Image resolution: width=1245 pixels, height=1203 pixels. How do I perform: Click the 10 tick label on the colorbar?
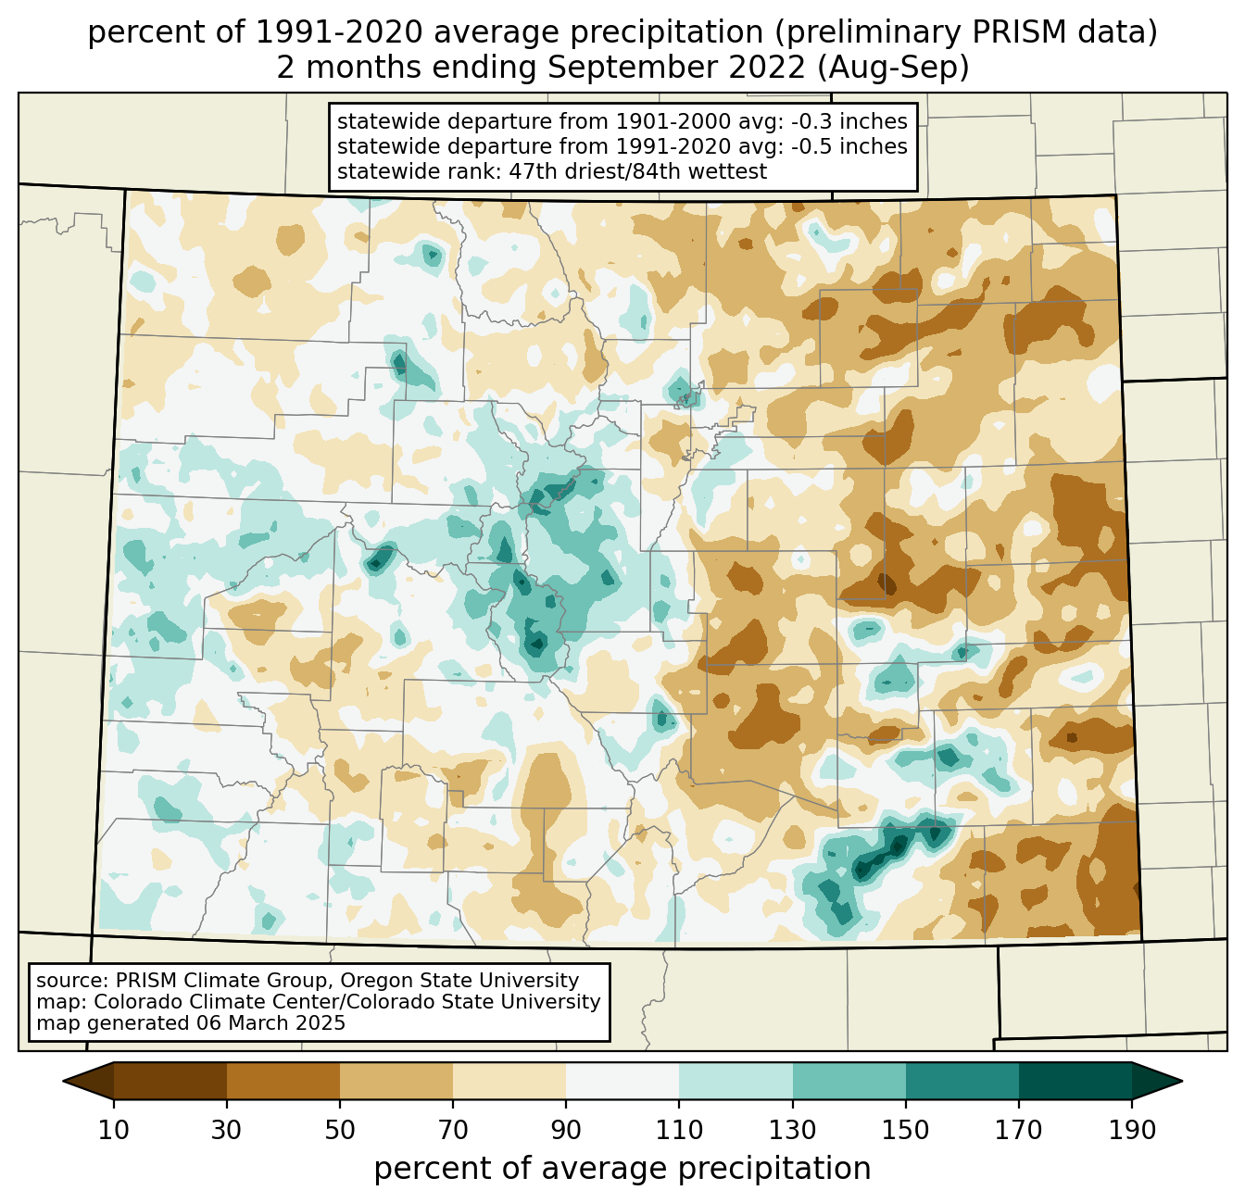pyautogui.click(x=114, y=1130)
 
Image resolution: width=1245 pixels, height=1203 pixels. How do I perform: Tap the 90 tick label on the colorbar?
pyautogui.click(x=566, y=1130)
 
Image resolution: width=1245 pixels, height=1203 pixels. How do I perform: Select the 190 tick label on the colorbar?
pyautogui.click(x=1132, y=1130)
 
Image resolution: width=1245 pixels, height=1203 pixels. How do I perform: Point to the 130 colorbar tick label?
pyautogui.click(x=793, y=1130)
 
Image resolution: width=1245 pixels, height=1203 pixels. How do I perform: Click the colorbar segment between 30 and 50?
pyautogui.click(x=283, y=1081)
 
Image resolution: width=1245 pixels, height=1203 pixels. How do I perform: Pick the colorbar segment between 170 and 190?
pyautogui.click(x=1075, y=1081)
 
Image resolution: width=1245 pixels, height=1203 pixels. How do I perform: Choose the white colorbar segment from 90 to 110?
pyautogui.click(x=622, y=1081)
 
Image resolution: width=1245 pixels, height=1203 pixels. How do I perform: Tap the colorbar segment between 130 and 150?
pyautogui.click(x=849, y=1081)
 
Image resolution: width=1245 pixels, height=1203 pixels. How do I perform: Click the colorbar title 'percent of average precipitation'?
pyautogui.click(x=622, y=1169)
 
